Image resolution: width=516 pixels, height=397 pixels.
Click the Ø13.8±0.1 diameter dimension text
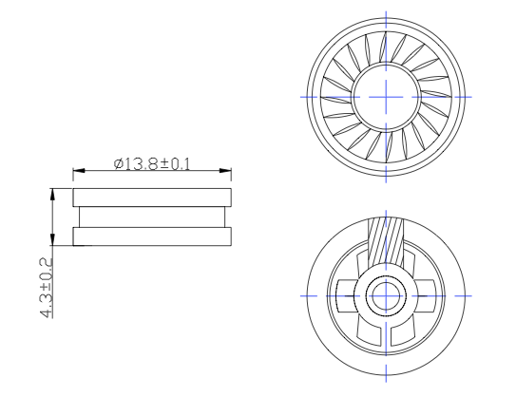coord(152,164)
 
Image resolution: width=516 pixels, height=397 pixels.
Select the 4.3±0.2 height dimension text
coord(46,286)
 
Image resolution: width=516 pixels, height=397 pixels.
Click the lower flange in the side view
coord(152,236)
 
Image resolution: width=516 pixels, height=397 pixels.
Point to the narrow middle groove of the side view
coord(152,217)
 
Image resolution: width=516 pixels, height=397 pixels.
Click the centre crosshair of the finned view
coord(387,97)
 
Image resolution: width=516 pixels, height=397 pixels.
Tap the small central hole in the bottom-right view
coord(387,296)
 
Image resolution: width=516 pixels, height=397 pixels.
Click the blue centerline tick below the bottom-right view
coord(387,380)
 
